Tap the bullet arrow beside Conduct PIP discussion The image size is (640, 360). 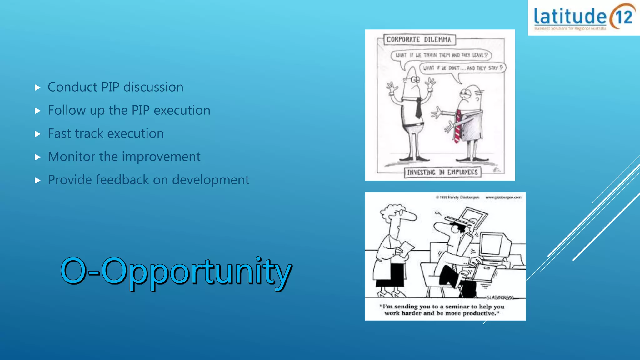(38, 87)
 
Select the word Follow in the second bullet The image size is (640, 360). (67, 110)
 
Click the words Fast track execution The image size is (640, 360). (106, 133)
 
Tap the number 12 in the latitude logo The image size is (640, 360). (624, 17)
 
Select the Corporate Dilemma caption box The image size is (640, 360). (419, 40)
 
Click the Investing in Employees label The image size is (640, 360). (442, 172)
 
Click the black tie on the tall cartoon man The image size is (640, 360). (418, 108)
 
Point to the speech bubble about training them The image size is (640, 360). (441, 55)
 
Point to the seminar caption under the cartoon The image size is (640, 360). (442, 310)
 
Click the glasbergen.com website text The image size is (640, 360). (503, 197)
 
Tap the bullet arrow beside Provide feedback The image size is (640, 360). (38, 180)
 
